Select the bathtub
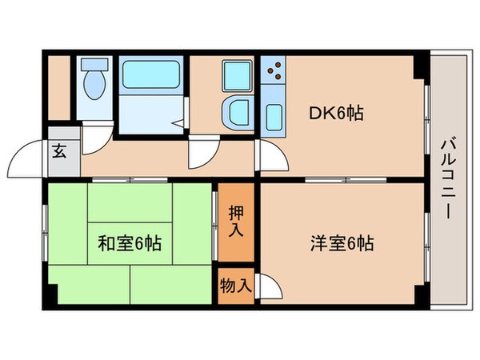[153, 76]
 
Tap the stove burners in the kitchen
[274, 71]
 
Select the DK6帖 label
[337, 114]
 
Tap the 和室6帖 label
[130, 242]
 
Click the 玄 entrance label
[61, 150]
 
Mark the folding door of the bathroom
[181, 120]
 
